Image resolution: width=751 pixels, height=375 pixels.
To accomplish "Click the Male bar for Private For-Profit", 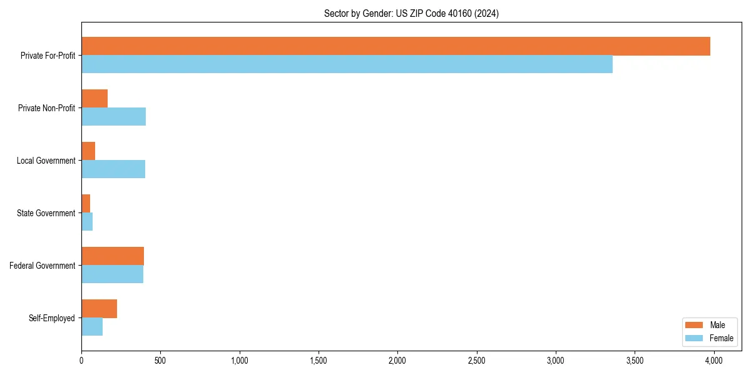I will click(x=396, y=46).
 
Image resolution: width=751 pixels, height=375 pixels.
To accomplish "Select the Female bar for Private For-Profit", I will click(x=347, y=64).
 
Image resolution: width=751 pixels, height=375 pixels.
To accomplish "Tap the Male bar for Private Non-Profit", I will click(x=95, y=99).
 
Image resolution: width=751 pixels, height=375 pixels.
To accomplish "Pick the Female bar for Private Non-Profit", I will click(x=113, y=117).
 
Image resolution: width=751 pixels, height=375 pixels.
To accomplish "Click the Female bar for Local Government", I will click(x=113, y=169).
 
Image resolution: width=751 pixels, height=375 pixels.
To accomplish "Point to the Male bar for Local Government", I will click(x=88, y=151).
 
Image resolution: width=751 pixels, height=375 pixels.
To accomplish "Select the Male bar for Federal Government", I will click(x=113, y=256).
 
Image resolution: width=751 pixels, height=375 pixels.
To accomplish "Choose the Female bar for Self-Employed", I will click(x=92, y=327).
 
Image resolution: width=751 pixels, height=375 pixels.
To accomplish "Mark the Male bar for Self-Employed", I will click(x=99, y=309).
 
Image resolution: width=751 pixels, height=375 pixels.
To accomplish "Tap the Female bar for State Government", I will click(x=87, y=222).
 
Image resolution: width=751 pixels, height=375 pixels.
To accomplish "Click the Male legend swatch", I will click(x=694, y=325).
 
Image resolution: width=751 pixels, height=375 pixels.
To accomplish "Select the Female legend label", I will click(x=722, y=338).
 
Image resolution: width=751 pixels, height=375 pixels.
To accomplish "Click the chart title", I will click(x=411, y=13).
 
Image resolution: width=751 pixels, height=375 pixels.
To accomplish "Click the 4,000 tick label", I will click(x=714, y=361).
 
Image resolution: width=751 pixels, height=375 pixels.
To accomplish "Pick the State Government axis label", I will click(x=46, y=213).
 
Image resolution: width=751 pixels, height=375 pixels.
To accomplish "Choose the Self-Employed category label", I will click(x=52, y=318).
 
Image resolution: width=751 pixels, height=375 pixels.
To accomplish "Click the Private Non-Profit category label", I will click(x=46, y=108).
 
